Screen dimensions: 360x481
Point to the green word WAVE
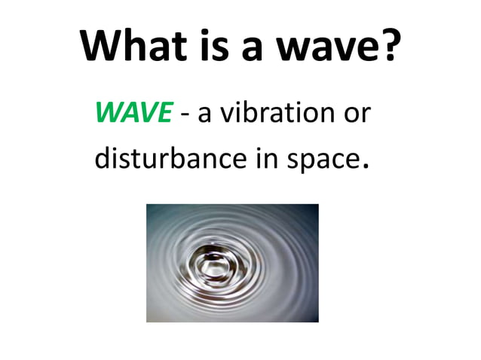pos(133,113)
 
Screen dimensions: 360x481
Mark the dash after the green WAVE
pos(184,115)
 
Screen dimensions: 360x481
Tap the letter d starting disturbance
pos(103,159)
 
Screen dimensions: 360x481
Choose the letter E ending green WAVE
pos(166,113)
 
